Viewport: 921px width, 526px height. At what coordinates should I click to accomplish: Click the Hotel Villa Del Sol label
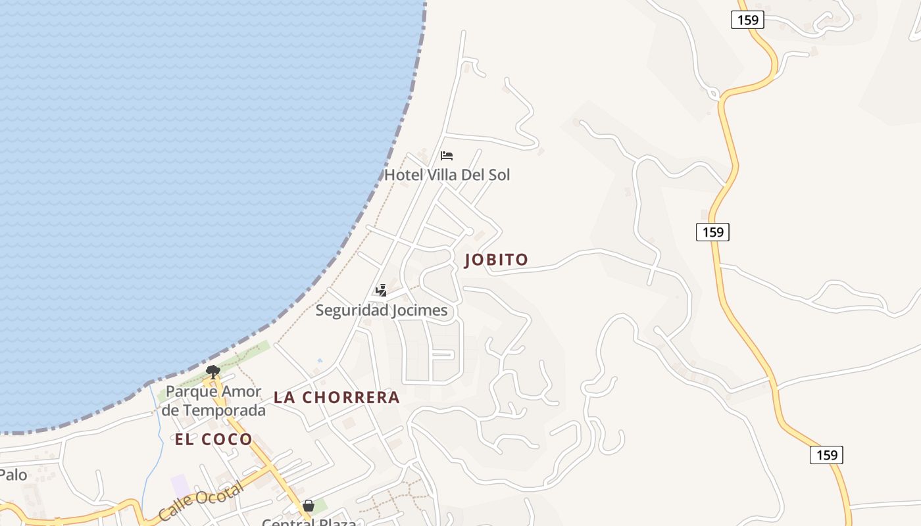pyautogui.click(x=447, y=175)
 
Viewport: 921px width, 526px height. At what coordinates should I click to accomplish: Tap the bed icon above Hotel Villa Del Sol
pyautogui.click(x=447, y=156)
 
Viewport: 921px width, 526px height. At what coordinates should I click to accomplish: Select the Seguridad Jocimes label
pyautogui.click(x=382, y=310)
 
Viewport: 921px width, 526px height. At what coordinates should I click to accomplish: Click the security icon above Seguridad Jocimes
pyautogui.click(x=381, y=290)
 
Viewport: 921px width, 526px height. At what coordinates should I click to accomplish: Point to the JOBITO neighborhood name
pyautogui.click(x=497, y=260)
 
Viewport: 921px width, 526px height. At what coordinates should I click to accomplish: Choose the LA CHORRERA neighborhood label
pyautogui.click(x=337, y=397)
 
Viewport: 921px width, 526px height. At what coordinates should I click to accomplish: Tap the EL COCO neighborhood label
pyautogui.click(x=214, y=440)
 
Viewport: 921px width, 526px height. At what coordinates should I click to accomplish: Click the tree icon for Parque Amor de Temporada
pyautogui.click(x=212, y=372)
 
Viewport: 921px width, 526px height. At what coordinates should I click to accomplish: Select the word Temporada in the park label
pyautogui.click(x=224, y=411)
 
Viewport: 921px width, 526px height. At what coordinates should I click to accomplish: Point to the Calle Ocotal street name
pyautogui.click(x=201, y=504)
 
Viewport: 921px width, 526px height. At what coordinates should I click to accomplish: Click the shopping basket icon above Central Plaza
pyautogui.click(x=309, y=506)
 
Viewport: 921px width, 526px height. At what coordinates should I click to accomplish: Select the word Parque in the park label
pyautogui.click(x=191, y=392)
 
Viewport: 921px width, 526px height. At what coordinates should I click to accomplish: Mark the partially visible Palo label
pyautogui.click(x=13, y=475)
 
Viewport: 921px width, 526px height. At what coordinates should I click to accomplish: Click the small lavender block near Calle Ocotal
pyautogui.click(x=180, y=486)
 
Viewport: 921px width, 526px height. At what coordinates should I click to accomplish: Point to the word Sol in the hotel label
pyautogui.click(x=498, y=175)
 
